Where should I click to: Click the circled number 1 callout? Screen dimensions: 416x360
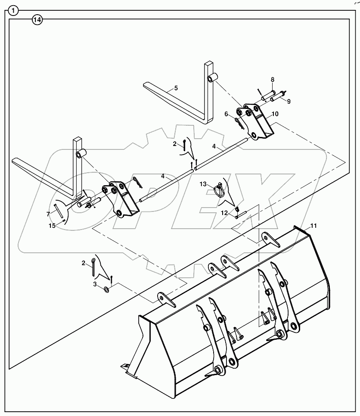coord(14,11)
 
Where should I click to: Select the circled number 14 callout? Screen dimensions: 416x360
coord(37,20)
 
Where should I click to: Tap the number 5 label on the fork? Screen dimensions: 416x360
coord(175,88)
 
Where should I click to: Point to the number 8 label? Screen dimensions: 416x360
coord(272,80)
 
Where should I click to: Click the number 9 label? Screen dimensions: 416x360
coord(289,101)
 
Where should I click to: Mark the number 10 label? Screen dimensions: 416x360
coord(275,114)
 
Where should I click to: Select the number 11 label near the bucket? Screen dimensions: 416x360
coord(313,226)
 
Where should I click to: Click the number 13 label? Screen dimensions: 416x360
coord(203,184)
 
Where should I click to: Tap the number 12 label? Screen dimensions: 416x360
coord(224,213)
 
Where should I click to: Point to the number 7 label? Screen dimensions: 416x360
coord(48,214)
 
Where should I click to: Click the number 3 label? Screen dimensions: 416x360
coord(95,284)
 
